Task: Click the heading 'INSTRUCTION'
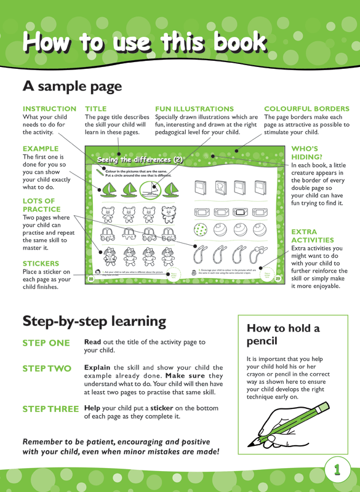(x=49, y=108)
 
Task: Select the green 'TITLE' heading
(x=95, y=108)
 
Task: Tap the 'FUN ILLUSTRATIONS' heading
(x=194, y=108)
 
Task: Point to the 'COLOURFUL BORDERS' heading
(x=306, y=108)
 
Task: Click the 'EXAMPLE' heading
(x=41, y=149)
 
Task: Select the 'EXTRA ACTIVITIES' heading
(x=313, y=236)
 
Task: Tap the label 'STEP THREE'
(x=50, y=409)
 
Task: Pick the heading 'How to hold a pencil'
(x=283, y=334)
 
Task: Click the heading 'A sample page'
(x=73, y=86)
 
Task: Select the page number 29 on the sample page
(x=278, y=279)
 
